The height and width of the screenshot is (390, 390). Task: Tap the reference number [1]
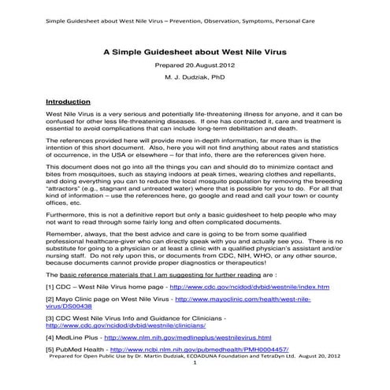(30, 288)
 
